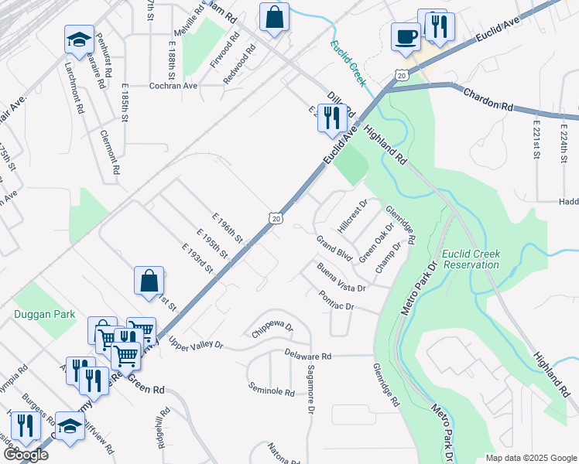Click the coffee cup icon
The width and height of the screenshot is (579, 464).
[x=406, y=36]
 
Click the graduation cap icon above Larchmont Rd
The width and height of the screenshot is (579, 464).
[x=78, y=39]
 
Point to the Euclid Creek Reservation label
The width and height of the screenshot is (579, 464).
[x=471, y=259]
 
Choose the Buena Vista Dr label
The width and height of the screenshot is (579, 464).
[x=341, y=278]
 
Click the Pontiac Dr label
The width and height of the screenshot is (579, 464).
[x=336, y=301]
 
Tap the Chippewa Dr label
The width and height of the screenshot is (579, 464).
[x=272, y=330]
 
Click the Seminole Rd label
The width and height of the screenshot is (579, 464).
[x=271, y=389]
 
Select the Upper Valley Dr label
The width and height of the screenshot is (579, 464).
[x=195, y=345]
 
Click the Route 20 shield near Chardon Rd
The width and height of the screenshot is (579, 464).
[x=400, y=75]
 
